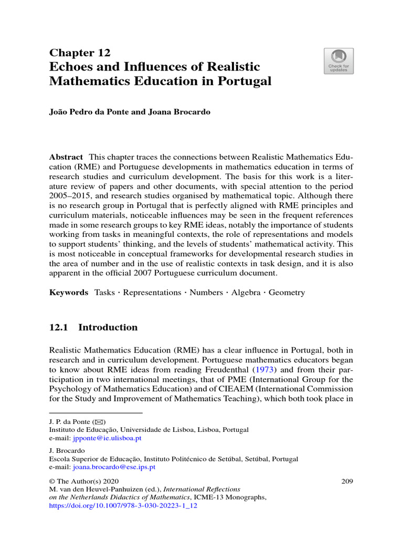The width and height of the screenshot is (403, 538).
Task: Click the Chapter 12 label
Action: click(80, 52)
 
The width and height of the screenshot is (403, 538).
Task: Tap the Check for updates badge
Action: click(338, 61)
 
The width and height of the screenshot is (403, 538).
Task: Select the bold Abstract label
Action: click(66, 157)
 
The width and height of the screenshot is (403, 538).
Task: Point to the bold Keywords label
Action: click(69, 293)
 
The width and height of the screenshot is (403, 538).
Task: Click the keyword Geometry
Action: click(287, 293)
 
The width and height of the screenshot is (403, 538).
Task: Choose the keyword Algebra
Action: click(246, 293)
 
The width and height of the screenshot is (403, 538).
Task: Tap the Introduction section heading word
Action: click(108, 327)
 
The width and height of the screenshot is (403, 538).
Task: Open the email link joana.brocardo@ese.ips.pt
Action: click(114, 467)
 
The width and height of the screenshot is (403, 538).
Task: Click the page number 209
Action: click(347, 481)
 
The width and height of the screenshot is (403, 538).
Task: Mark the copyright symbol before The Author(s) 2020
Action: click(52, 481)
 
